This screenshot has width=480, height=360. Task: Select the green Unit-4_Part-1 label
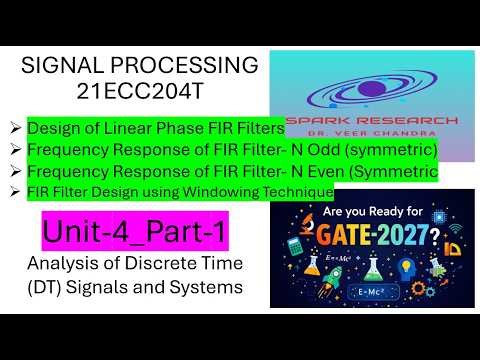[133, 234]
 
